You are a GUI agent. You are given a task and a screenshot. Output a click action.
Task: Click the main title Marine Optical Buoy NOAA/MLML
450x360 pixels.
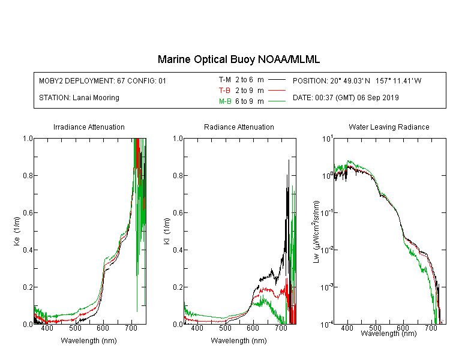tap(238, 59)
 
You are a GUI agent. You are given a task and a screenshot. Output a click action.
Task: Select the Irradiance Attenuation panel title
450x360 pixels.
tap(89, 127)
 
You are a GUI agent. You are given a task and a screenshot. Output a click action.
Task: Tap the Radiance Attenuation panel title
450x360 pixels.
tap(239, 127)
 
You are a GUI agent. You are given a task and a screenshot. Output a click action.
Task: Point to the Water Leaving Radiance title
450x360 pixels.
tap(389, 127)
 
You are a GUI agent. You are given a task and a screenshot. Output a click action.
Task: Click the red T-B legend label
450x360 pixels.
tap(224, 91)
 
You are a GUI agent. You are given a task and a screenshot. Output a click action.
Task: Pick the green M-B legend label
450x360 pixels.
tap(225, 101)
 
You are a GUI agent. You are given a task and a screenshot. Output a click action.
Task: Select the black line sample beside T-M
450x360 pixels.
tap(277, 80)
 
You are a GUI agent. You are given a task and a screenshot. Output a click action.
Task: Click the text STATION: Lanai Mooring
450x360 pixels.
tap(79, 98)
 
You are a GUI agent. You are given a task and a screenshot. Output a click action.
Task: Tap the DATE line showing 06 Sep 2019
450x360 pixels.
tap(346, 98)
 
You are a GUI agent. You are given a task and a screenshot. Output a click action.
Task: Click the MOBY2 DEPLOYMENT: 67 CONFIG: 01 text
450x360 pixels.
tap(103, 80)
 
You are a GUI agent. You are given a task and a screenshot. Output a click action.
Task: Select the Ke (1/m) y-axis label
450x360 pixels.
tap(17, 231)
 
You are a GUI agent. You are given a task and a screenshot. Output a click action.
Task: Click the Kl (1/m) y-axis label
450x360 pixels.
tap(167, 231)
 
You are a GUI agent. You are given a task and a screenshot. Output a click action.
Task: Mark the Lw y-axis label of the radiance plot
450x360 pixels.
tap(316, 232)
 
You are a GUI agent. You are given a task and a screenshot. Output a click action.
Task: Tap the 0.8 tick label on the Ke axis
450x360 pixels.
tap(28, 175)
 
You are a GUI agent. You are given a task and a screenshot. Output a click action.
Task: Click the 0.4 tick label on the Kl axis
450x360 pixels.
tap(178, 250)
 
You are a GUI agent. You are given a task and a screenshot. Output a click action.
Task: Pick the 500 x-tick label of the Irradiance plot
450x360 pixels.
tap(75, 328)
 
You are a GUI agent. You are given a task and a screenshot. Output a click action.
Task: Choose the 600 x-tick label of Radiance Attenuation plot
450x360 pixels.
tap(253, 328)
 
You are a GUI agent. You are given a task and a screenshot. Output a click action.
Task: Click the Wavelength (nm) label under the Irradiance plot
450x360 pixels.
tap(89, 341)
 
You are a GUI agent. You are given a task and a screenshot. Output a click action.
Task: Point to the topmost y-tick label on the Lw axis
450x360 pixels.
tap(328, 139)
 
